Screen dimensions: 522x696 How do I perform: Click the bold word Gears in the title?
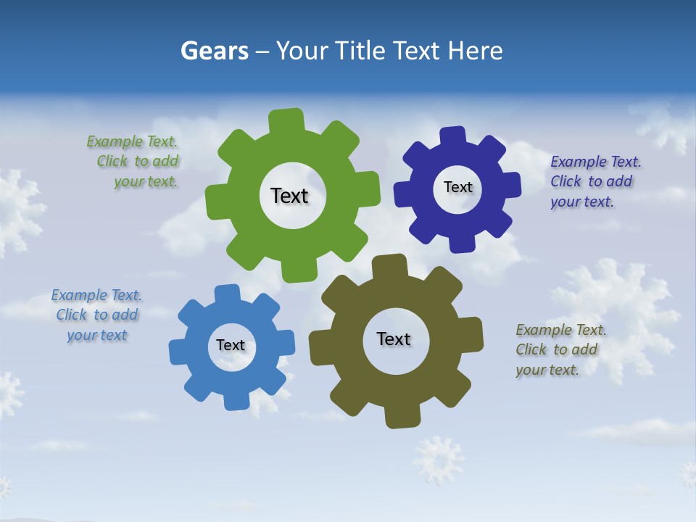tap(215, 51)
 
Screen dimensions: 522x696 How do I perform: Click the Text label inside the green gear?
tap(289, 196)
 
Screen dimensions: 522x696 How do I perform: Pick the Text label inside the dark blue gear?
tap(457, 187)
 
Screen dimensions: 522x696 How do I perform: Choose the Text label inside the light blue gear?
tap(231, 345)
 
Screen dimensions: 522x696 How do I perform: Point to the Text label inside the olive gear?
tap(394, 339)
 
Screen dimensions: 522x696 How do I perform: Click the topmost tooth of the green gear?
tap(286, 120)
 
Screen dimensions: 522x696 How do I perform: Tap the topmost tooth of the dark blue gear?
tap(452, 136)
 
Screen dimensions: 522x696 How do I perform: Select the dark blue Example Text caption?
tap(594, 181)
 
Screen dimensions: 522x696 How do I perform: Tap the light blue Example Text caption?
tap(97, 315)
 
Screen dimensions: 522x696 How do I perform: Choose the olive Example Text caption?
tap(559, 349)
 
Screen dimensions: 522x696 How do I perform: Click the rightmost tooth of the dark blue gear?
tap(511, 184)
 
